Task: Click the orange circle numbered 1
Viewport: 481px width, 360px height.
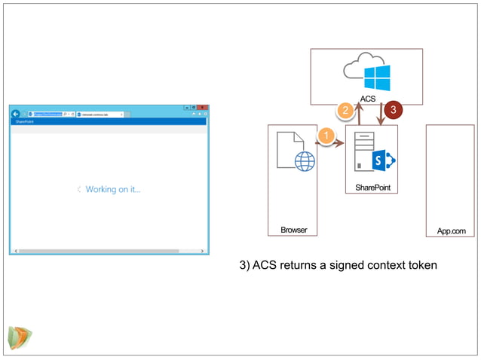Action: click(x=325, y=137)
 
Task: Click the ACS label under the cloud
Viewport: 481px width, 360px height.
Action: click(x=367, y=99)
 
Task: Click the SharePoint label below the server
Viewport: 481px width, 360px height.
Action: click(x=372, y=187)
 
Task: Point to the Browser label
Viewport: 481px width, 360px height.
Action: click(x=293, y=229)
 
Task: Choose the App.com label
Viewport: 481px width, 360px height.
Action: click(x=451, y=230)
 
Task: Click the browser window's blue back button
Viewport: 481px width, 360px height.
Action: click(x=16, y=114)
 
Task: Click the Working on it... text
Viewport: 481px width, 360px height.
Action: click(x=113, y=190)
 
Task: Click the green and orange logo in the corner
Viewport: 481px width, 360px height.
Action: click(x=20, y=336)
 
